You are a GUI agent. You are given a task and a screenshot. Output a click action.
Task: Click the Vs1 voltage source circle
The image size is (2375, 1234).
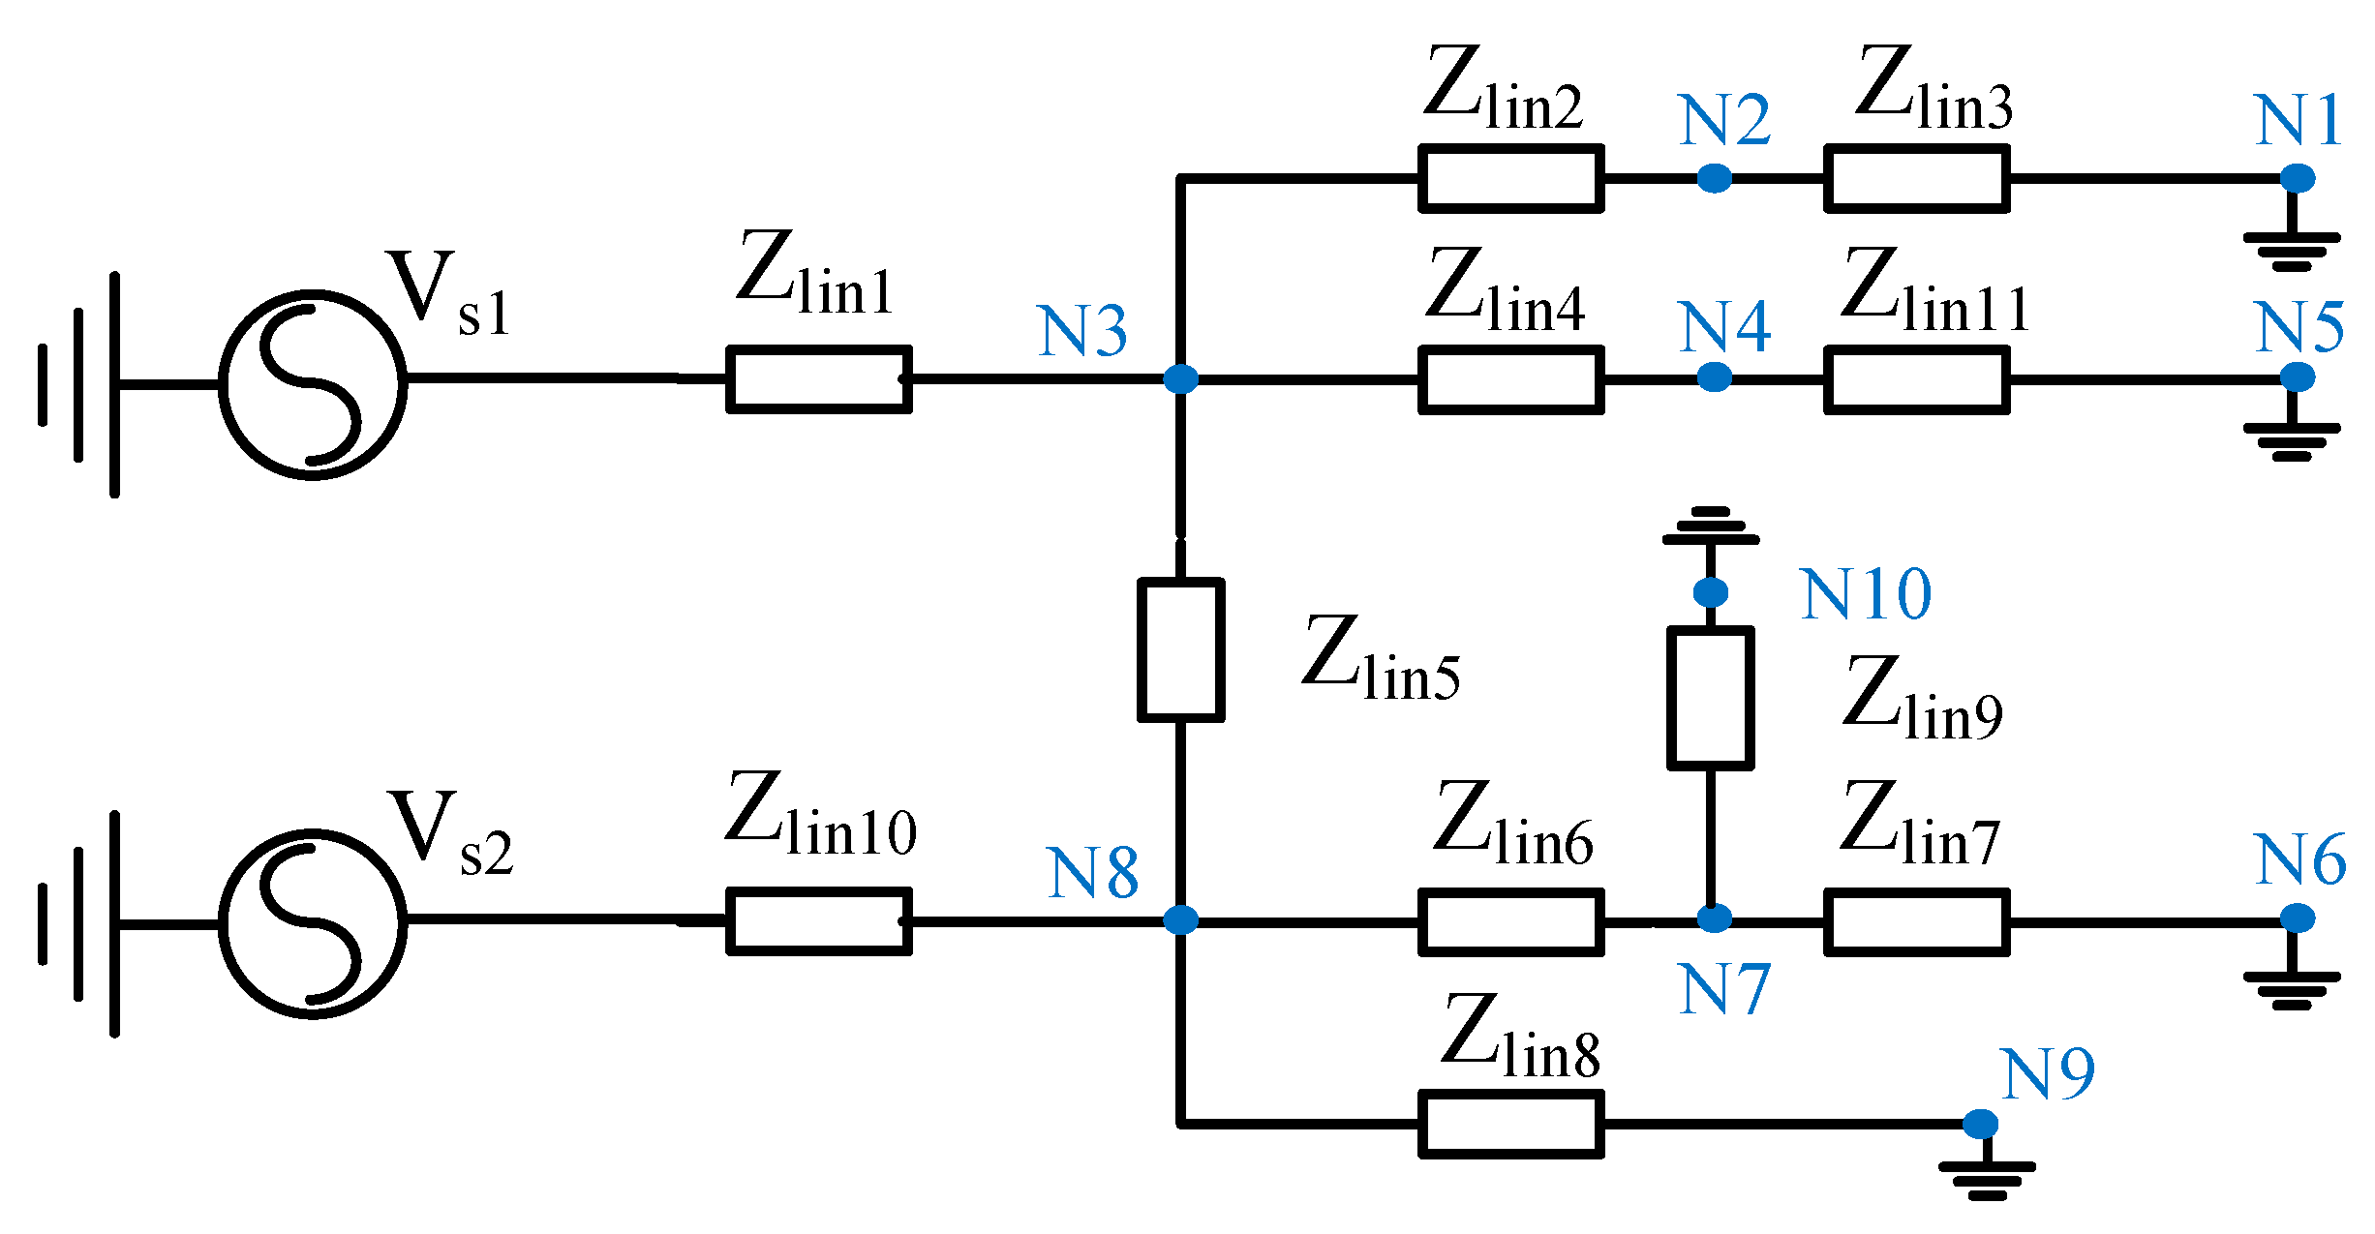[x=221, y=385]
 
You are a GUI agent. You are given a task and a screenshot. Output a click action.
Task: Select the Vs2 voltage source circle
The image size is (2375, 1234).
[x=221, y=924]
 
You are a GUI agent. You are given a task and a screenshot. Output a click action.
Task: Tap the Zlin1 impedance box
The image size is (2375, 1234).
[x=819, y=379]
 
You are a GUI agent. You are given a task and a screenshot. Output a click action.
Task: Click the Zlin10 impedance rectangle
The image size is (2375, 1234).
[x=819, y=921]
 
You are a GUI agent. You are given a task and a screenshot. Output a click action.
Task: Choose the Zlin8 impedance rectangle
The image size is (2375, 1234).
[x=1511, y=1124]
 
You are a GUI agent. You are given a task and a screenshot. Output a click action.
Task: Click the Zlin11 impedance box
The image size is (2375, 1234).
[x=1917, y=379]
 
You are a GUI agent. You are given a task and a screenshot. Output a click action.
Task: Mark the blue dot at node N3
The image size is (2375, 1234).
[x=1180, y=378]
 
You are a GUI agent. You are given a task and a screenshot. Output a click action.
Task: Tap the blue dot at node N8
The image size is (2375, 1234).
[x=1180, y=919]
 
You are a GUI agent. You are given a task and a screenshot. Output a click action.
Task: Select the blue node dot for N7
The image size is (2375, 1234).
[x=1714, y=918]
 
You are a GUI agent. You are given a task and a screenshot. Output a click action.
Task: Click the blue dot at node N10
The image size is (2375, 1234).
[x=1711, y=591]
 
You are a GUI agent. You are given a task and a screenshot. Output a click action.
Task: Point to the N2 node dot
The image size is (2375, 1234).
[x=1715, y=178]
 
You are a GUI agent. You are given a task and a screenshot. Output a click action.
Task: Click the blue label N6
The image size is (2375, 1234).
[x=2300, y=859]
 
